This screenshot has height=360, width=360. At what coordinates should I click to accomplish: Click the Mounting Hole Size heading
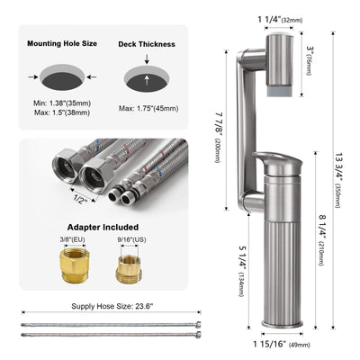[x=61, y=42]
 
